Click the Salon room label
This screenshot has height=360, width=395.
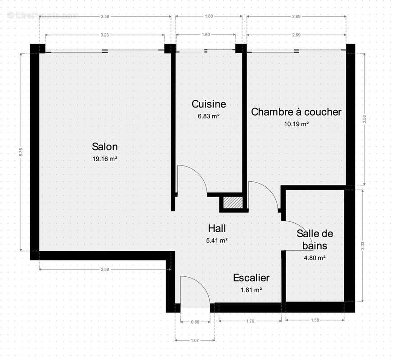(105, 147)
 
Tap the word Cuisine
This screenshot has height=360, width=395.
(209, 104)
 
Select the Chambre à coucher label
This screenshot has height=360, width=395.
(296, 112)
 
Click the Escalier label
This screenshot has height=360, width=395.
(251, 278)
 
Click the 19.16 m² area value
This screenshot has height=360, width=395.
(105, 159)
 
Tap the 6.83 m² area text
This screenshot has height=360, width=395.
(209, 116)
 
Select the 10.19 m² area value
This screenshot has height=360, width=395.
(296, 124)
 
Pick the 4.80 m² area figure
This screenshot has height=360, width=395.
(314, 258)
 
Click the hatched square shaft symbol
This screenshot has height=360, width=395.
(233, 203)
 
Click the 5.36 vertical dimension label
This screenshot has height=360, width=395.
(20, 153)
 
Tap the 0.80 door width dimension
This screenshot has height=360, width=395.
(195, 322)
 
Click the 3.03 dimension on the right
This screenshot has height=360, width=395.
(363, 246)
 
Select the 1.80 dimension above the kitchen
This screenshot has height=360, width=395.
(209, 17)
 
